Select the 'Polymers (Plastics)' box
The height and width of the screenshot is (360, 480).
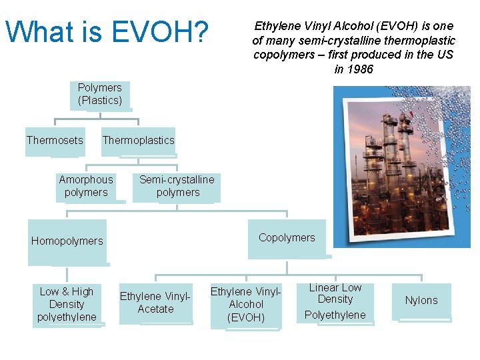click(x=100, y=95)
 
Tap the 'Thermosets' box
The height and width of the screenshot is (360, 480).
click(x=55, y=141)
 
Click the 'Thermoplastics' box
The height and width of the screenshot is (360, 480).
click(x=138, y=141)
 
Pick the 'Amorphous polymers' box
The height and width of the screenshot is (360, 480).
click(x=86, y=186)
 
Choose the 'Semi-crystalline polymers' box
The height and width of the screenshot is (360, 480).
click(x=177, y=186)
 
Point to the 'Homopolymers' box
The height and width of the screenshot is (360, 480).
click(x=67, y=241)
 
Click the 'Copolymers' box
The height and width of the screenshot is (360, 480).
click(x=287, y=238)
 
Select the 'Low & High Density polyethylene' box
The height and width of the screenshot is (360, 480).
click(x=67, y=304)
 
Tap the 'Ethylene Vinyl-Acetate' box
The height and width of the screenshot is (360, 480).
click(x=155, y=303)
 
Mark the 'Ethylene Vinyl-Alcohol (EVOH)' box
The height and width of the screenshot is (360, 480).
click(x=245, y=305)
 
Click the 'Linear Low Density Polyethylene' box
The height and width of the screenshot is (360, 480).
click(x=335, y=301)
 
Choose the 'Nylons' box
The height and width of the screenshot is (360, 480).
click(x=421, y=301)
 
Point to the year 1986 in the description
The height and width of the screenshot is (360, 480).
click(x=360, y=69)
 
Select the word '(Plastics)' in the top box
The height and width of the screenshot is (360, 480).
click(x=100, y=101)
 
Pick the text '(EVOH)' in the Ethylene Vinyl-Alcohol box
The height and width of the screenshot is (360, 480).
click(x=245, y=317)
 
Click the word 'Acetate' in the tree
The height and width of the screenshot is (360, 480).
click(x=155, y=309)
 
